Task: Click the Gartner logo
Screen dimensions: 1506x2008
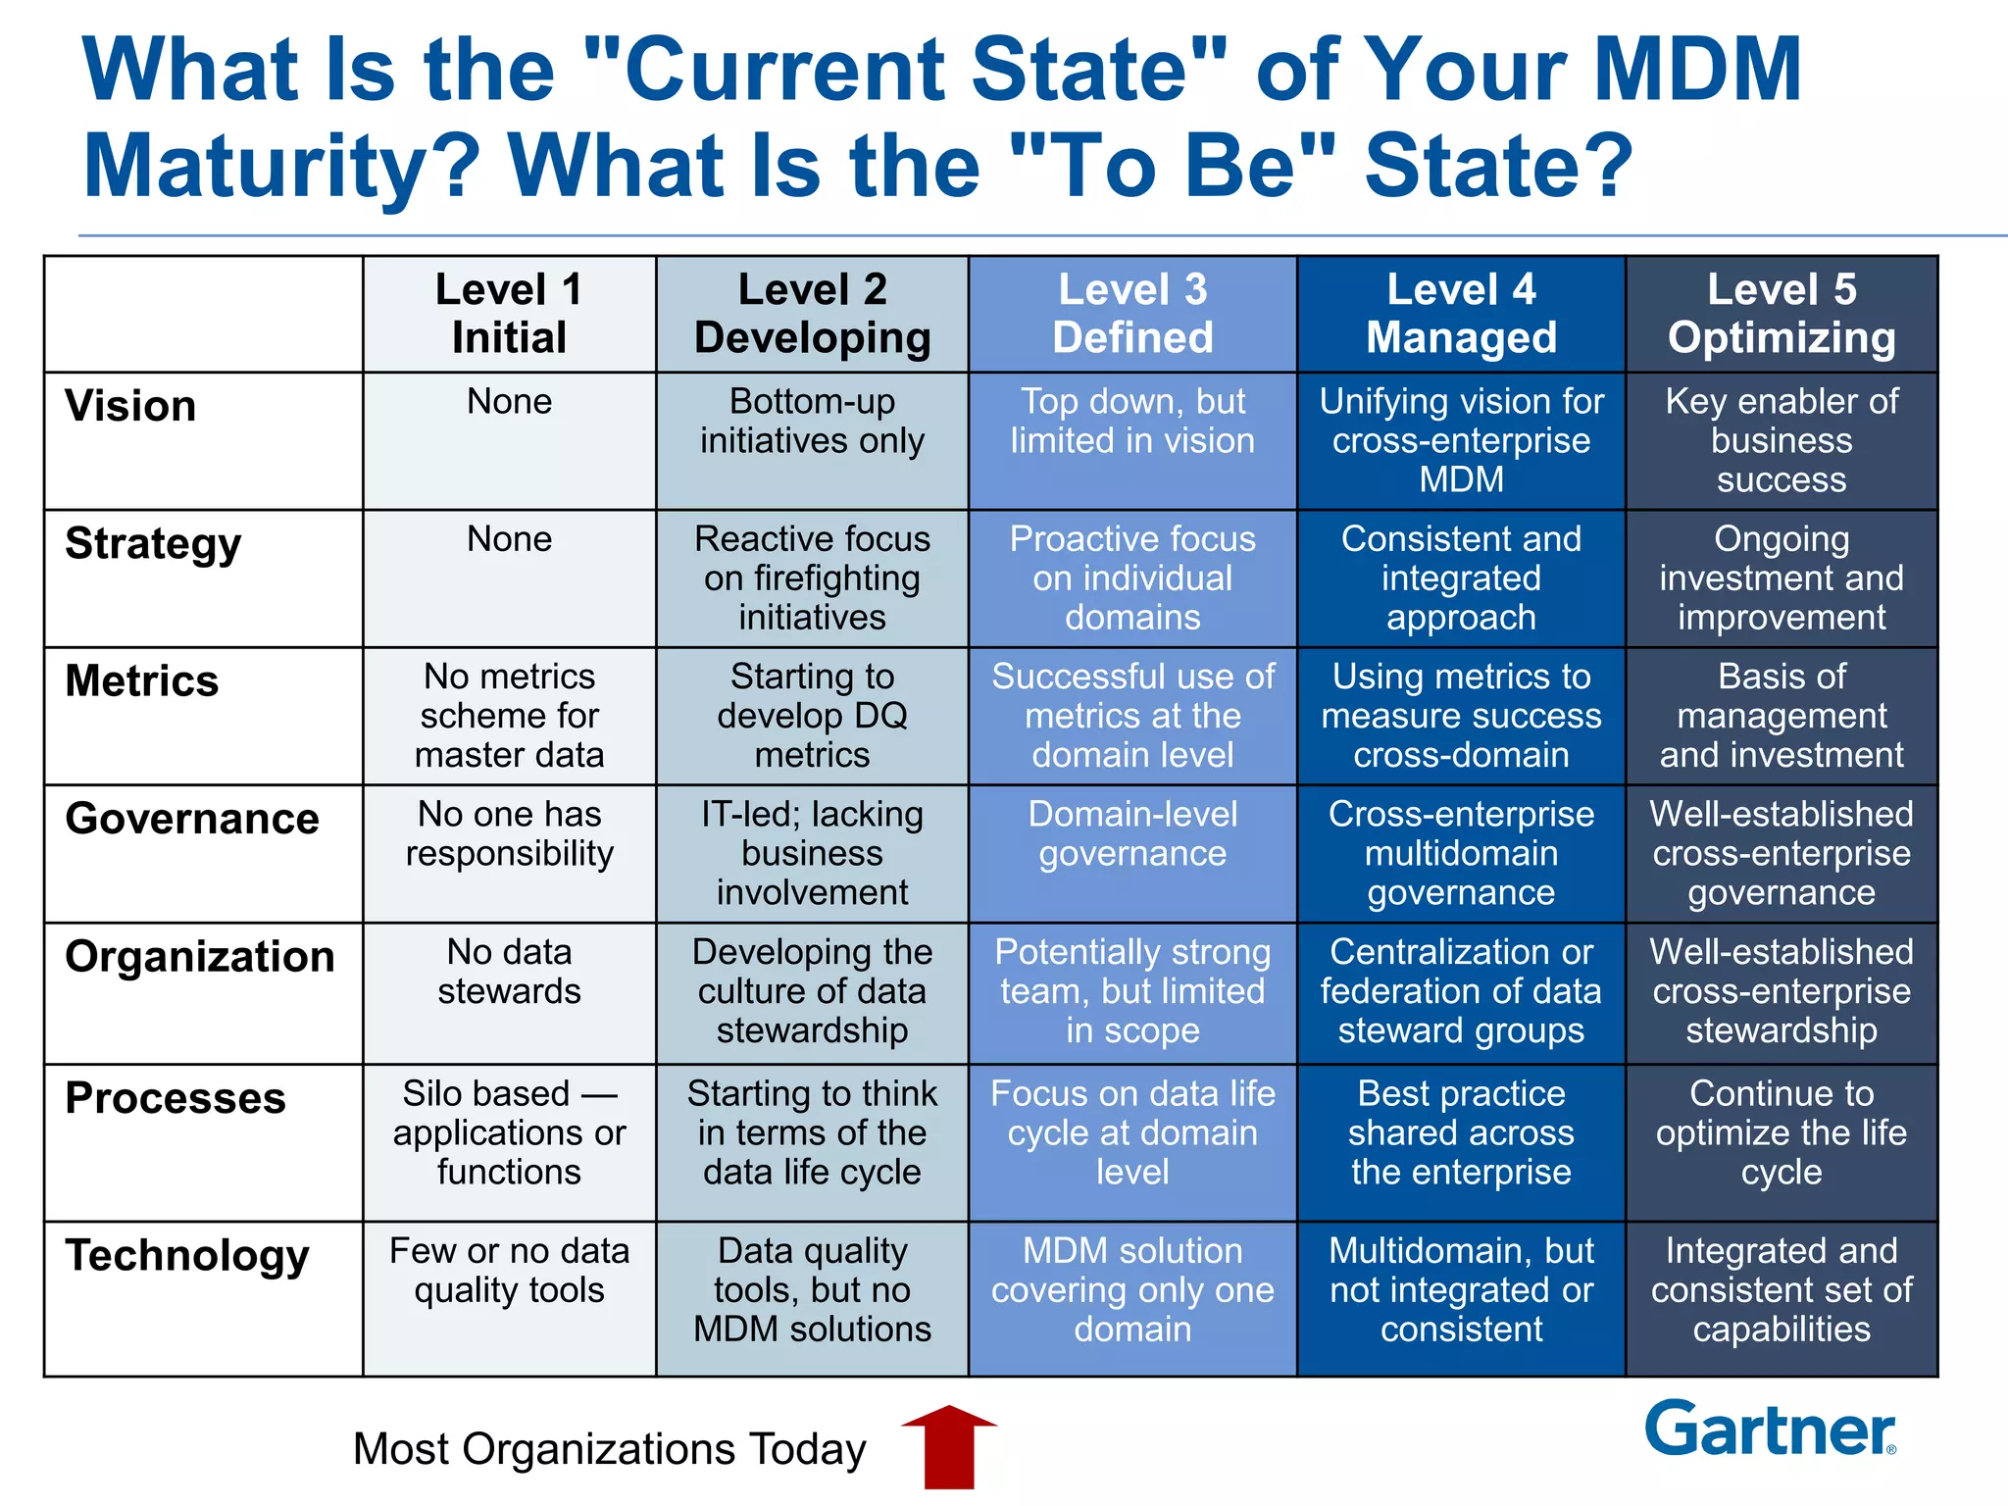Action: click(1771, 1430)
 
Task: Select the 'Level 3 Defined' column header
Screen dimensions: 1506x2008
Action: click(1132, 314)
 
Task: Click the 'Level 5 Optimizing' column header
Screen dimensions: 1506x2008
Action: click(1782, 314)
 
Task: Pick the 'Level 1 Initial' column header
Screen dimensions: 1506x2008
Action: click(509, 314)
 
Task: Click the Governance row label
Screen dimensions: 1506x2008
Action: click(192, 819)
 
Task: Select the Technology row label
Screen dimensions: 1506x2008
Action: click(187, 1255)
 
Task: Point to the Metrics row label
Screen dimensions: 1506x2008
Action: click(142, 680)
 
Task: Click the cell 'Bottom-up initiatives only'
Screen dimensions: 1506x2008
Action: click(812, 422)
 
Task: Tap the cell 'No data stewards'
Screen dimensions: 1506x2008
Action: click(509, 972)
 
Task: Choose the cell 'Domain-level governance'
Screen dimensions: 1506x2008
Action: click(1132, 834)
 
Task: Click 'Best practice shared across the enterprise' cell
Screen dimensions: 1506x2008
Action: click(1461, 1132)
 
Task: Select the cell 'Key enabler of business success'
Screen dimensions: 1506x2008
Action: click(1782, 440)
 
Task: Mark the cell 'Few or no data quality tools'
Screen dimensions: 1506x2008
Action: click(509, 1271)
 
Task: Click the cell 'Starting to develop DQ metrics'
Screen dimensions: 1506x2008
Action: click(812, 716)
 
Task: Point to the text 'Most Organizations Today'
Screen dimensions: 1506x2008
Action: click(609, 1449)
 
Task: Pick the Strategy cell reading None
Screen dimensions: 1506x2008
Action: click(509, 539)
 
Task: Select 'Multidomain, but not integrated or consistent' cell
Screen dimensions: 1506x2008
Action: click(1461, 1290)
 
